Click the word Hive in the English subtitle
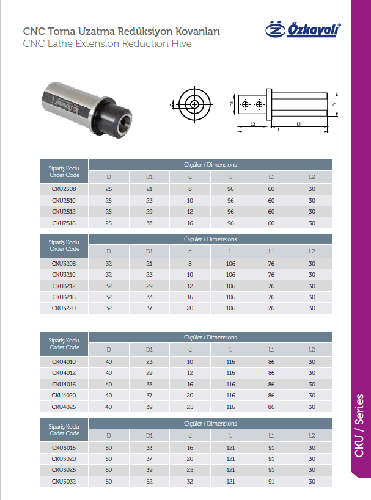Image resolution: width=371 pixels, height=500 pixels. (x=182, y=44)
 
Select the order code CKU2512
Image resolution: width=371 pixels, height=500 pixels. (x=64, y=212)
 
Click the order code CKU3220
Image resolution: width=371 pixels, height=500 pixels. (x=64, y=308)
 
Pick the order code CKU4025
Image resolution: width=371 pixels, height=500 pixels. (x=64, y=407)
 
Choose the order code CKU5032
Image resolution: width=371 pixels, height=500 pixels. (x=64, y=482)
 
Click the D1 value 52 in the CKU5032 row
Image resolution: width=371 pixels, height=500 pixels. (x=149, y=482)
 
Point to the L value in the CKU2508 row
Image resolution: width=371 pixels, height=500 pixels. (x=230, y=189)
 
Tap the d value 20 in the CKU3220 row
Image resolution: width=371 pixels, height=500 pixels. (x=190, y=308)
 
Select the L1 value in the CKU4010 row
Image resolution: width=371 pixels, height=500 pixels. (x=271, y=361)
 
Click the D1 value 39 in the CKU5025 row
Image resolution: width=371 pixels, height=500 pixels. (x=149, y=470)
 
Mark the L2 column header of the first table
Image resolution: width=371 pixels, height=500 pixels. (x=312, y=177)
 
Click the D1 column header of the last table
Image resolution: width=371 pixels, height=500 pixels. (x=149, y=435)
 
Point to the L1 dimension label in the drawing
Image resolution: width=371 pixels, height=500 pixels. (x=298, y=123)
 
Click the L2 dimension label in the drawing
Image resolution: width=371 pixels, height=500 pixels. (x=253, y=124)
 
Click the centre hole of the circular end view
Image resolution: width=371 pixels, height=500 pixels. (x=194, y=104)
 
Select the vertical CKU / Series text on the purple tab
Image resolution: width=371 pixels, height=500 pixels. (x=359, y=426)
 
